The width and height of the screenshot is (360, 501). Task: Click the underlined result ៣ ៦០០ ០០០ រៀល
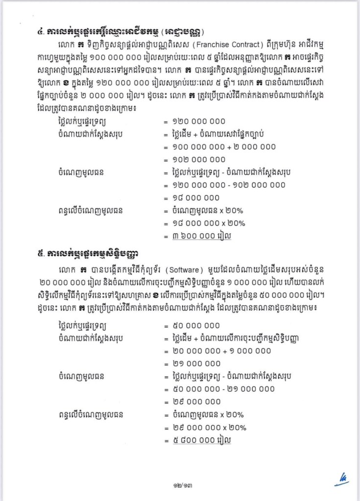click(x=202, y=236)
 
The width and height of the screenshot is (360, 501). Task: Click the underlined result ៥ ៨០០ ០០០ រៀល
click(x=202, y=440)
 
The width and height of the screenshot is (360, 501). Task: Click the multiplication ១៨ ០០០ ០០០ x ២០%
click(x=209, y=223)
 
